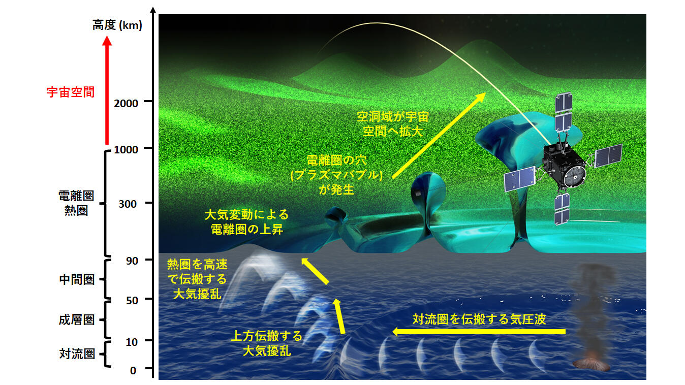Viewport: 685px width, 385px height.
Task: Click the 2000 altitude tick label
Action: pyautogui.click(x=126, y=103)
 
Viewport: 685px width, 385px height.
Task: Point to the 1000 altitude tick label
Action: pyautogui.click(x=126, y=149)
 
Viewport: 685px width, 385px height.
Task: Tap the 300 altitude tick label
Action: pyautogui.click(x=128, y=204)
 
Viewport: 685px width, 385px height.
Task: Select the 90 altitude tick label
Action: pyautogui.click(x=132, y=261)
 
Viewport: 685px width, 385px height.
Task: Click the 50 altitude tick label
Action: pyautogui.click(x=132, y=300)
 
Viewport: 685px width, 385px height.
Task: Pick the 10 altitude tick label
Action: pyautogui.click(x=132, y=342)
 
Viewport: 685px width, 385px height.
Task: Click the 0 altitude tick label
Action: pyautogui.click(x=133, y=370)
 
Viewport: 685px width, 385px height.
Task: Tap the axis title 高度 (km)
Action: pyautogui.click(x=117, y=25)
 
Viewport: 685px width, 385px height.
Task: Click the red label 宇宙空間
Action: pyautogui.click(x=71, y=92)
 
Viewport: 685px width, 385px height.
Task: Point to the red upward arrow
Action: pyautogui.click(x=107, y=90)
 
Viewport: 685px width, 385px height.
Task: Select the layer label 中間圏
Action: pyautogui.click(x=77, y=279)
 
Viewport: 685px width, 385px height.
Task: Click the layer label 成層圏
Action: pyautogui.click(x=77, y=320)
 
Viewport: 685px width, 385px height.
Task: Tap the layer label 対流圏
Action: pyautogui.click(x=77, y=354)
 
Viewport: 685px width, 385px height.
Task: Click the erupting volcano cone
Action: pyautogui.click(x=591, y=362)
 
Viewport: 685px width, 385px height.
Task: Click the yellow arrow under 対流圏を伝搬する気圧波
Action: pyautogui.click(x=479, y=332)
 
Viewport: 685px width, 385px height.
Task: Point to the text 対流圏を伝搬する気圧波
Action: pyautogui.click(x=479, y=319)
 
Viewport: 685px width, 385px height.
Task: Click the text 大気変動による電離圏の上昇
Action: pyautogui.click(x=246, y=222)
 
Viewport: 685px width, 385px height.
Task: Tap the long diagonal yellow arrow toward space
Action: pyautogui.click(x=439, y=135)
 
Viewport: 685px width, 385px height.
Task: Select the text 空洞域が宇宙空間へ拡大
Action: pyautogui.click(x=393, y=124)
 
